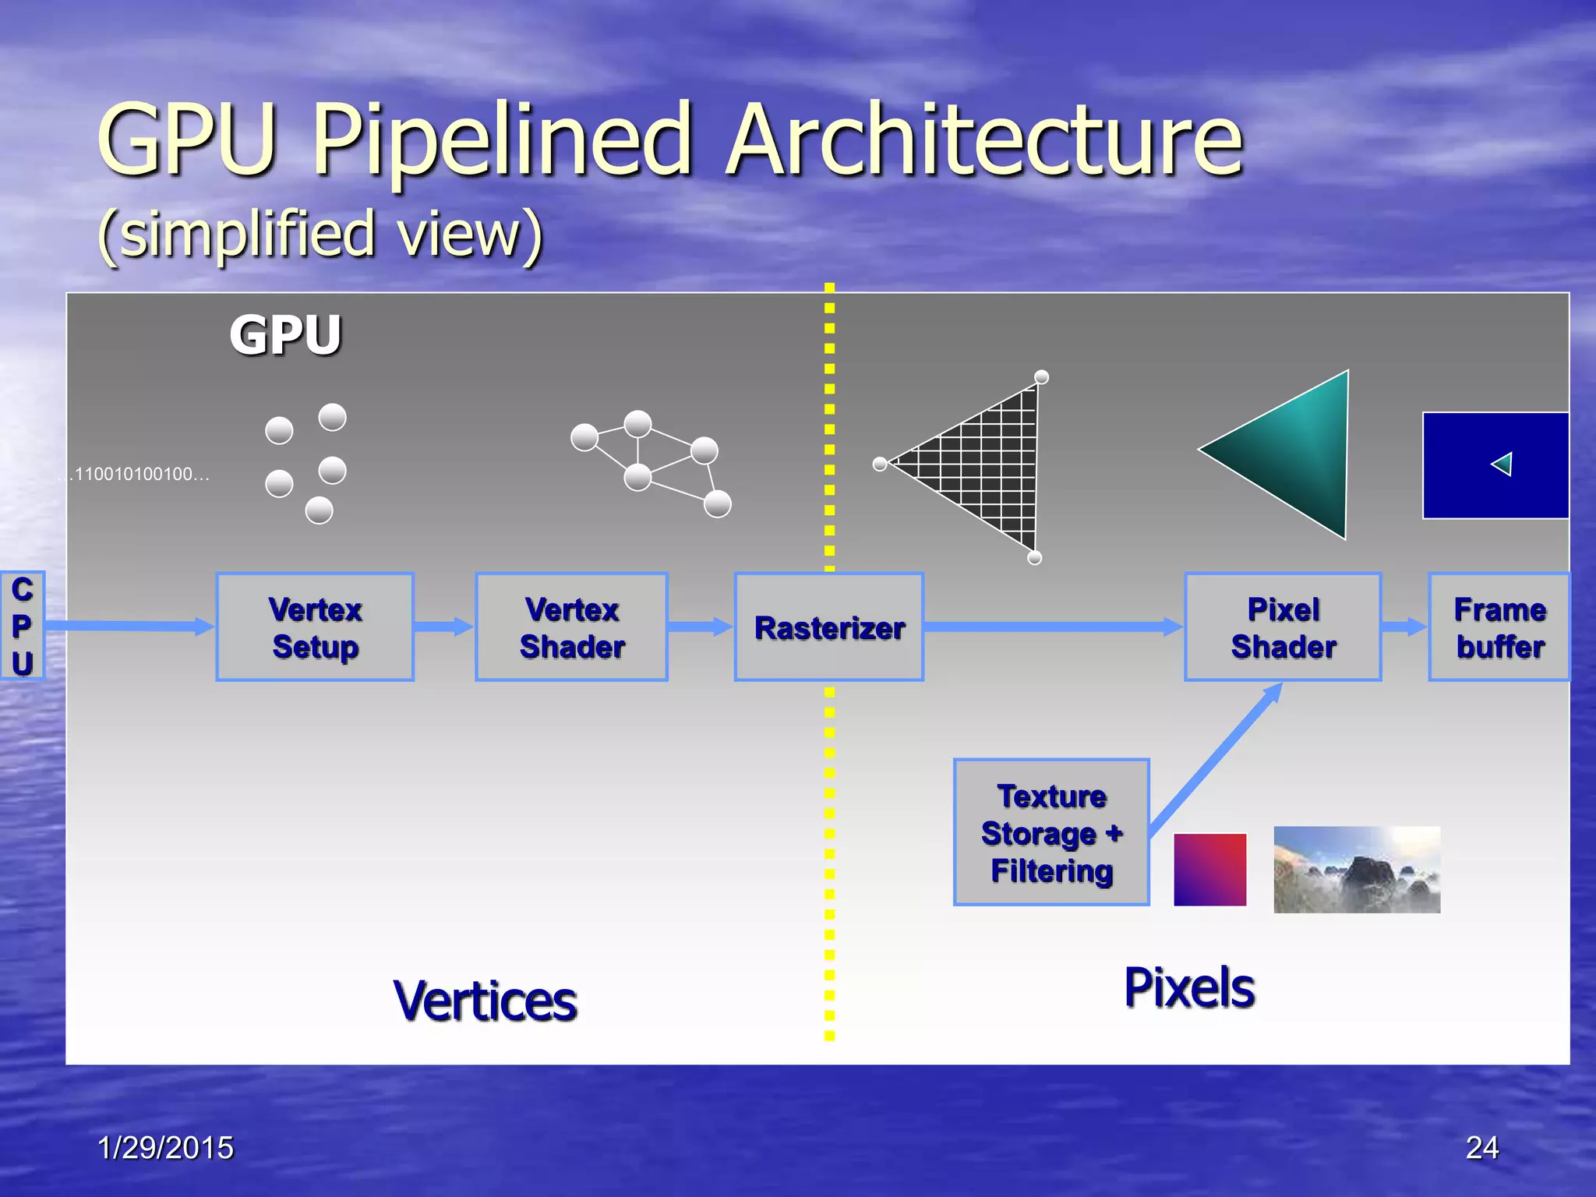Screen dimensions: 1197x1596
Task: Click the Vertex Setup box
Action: tap(315, 627)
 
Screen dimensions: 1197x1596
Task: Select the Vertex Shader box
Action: tap(572, 627)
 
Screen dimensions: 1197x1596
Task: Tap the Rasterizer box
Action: tap(829, 627)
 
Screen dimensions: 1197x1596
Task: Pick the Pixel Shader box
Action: tap(1283, 627)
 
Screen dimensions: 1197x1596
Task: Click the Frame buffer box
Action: tap(1499, 627)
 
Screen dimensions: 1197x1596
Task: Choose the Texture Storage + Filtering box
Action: tap(1051, 832)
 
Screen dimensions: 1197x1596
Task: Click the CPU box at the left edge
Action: tap(22, 626)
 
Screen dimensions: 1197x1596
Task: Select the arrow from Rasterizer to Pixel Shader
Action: tap(1052, 627)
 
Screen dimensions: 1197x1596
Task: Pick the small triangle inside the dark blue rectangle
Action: tap(1502, 464)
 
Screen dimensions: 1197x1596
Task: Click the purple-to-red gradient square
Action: tap(1209, 870)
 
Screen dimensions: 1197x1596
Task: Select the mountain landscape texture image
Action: tap(1356, 870)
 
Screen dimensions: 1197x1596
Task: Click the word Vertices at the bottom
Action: tap(485, 1001)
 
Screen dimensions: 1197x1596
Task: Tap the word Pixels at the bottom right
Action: tap(1189, 988)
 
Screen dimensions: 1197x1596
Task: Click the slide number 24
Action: tap(1481, 1148)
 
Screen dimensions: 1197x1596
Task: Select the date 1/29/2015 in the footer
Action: tap(165, 1148)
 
